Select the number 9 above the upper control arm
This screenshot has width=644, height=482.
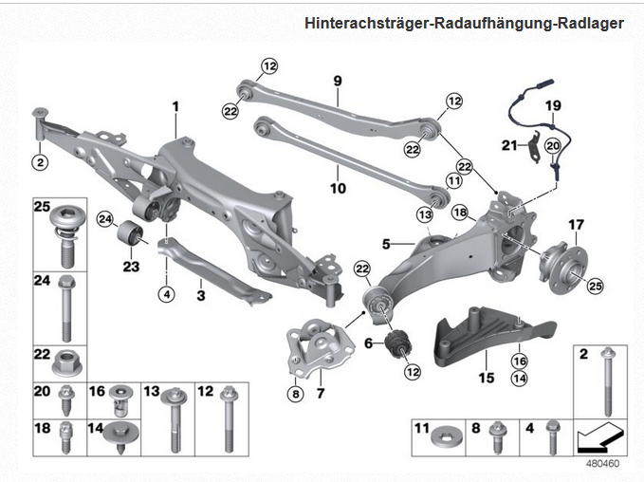(337, 82)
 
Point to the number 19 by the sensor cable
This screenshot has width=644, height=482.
(553, 105)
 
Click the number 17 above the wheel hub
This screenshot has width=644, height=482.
(575, 225)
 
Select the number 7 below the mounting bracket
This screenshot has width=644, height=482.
(320, 392)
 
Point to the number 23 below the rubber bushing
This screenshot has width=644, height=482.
(131, 267)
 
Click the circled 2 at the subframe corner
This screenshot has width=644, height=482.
(39, 162)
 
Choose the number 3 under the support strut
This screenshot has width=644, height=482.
(200, 295)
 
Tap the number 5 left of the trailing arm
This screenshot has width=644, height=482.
(386, 244)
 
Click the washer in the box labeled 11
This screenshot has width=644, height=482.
(443, 437)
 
